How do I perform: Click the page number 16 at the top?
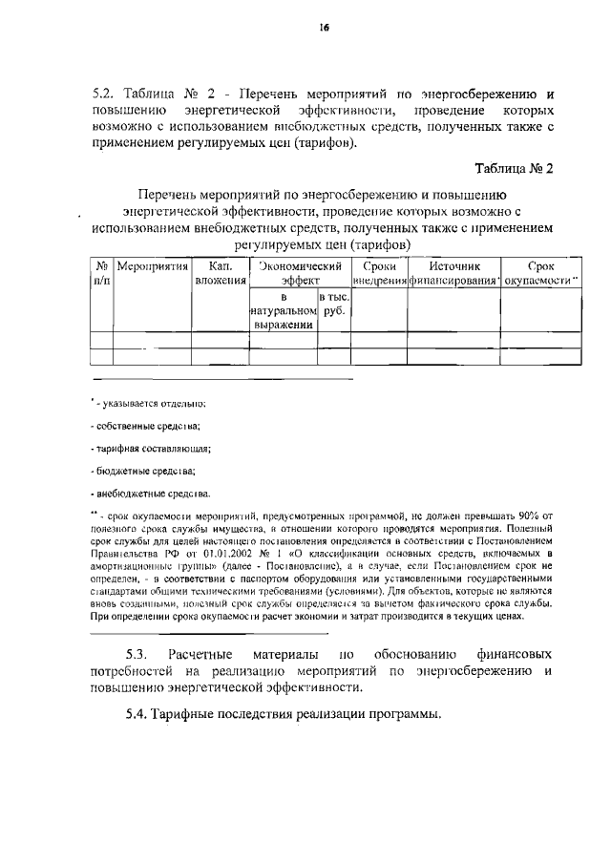(x=324, y=30)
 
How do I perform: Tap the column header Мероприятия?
(x=153, y=267)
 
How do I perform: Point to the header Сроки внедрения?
(x=380, y=274)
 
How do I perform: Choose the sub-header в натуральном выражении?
(x=284, y=311)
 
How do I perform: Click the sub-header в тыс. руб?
(x=333, y=305)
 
